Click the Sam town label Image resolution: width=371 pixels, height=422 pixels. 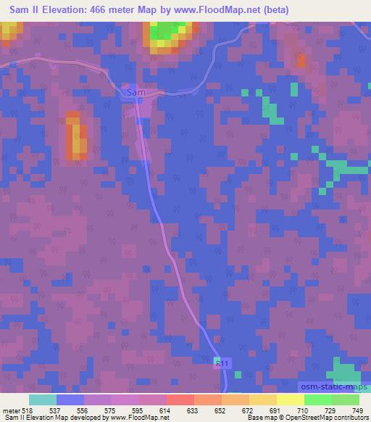(x=136, y=94)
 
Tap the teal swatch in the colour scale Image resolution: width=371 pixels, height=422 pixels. (x=43, y=400)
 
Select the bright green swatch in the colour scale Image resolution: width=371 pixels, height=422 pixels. (x=318, y=400)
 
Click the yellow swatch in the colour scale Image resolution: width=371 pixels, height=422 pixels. (x=291, y=400)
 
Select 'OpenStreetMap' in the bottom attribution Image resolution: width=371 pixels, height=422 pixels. (x=314, y=418)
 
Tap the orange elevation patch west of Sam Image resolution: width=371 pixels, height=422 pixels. (x=76, y=136)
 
